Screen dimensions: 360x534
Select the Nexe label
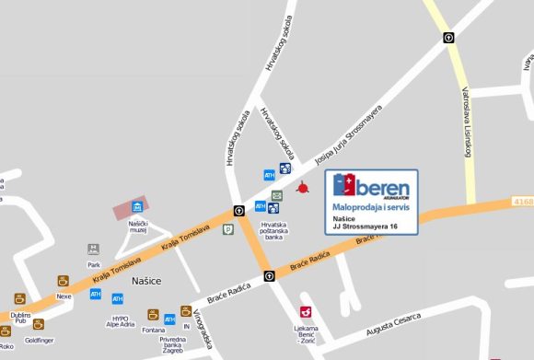point(64,296)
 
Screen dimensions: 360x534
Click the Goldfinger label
point(39,339)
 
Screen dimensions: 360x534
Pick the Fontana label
point(154,331)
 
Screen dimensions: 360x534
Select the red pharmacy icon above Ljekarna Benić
point(306,312)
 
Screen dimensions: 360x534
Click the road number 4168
point(524,200)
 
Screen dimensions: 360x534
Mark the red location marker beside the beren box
point(303,189)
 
